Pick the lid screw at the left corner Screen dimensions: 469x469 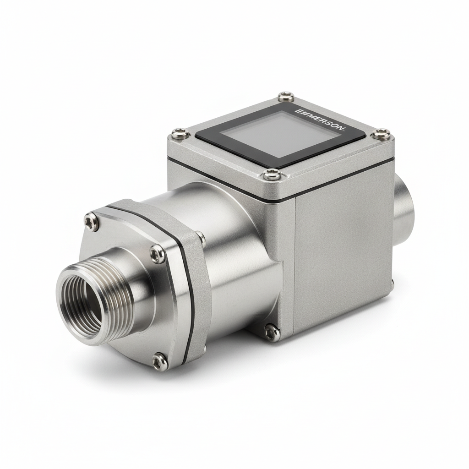coord(180,134)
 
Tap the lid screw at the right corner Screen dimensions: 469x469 coord(381,134)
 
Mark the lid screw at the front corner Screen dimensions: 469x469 coord(273,174)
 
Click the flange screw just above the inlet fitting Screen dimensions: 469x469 coord(157,254)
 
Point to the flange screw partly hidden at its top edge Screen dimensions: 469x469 coord(201,237)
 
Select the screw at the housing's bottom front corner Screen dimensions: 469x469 coord(272,333)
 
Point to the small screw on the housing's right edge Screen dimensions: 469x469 coord(392,283)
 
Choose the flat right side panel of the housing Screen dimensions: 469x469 coord(341,256)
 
